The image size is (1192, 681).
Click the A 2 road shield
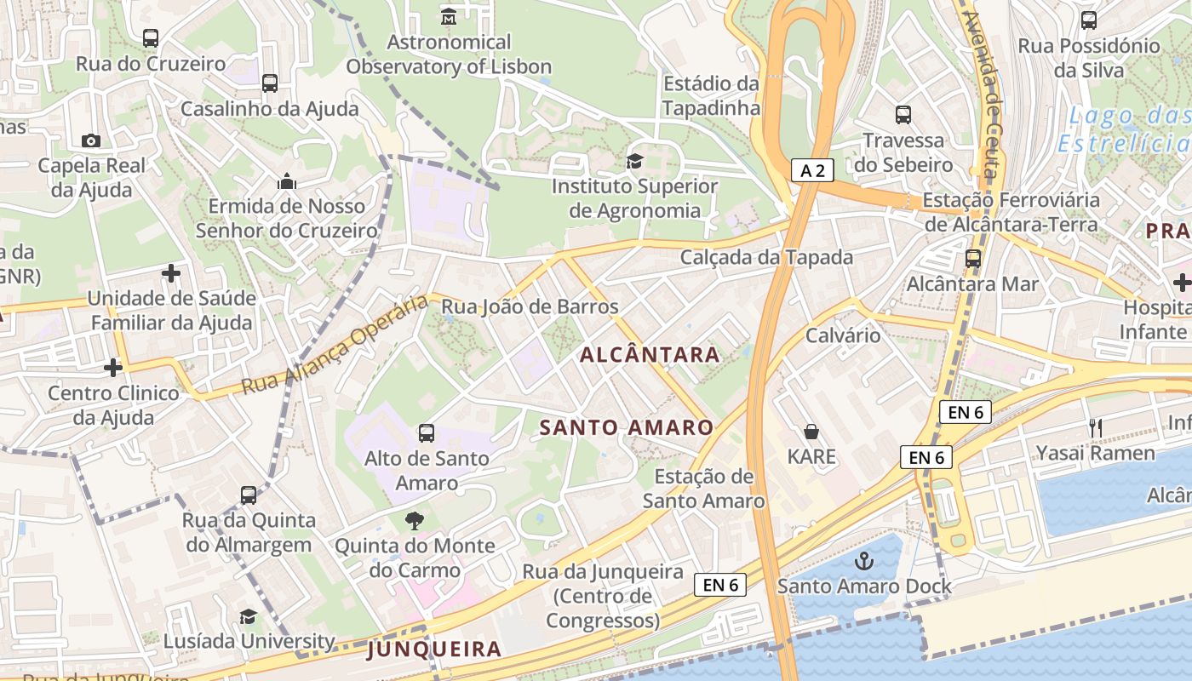812,170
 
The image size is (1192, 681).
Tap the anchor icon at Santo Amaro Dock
864,561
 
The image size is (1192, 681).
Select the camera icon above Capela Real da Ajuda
91,140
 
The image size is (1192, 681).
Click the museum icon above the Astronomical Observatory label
449,16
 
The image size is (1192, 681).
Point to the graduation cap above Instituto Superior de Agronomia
634,161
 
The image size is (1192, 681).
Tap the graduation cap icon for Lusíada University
248,616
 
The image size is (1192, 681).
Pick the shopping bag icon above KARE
811,432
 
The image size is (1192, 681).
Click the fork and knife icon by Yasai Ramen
1096,428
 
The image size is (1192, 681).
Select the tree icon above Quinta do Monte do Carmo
415,520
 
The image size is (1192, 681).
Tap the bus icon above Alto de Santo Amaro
427,433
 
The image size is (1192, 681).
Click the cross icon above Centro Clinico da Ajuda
112,368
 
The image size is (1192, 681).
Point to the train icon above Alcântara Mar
972,259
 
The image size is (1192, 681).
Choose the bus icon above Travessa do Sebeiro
903,115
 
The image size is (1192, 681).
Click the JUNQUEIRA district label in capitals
434,650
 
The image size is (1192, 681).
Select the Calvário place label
843,335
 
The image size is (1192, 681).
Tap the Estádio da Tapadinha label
711,95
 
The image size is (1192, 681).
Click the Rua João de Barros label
530,306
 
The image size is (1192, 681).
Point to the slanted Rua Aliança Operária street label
334,345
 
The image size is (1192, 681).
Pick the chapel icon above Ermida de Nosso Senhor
287,181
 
